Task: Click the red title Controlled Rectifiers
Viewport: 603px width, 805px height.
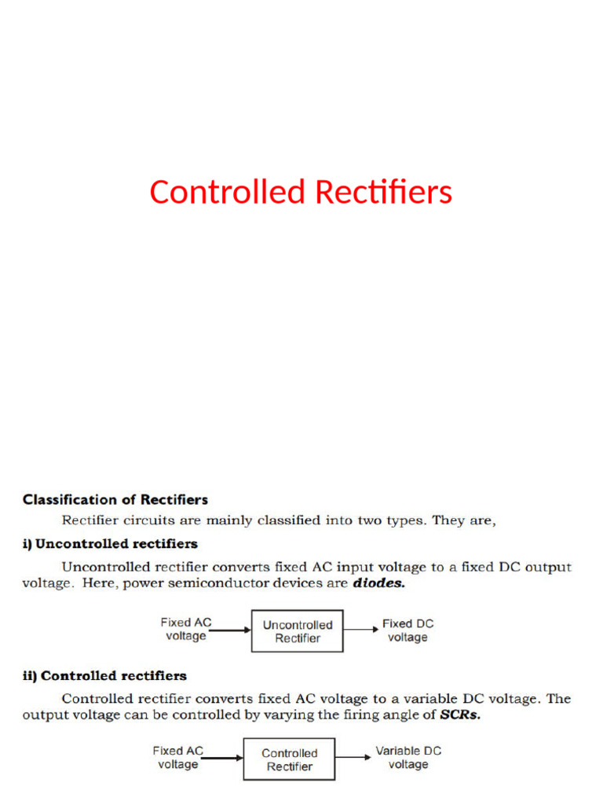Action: (x=301, y=193)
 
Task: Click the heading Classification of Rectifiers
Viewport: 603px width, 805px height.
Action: (x=115, y=499)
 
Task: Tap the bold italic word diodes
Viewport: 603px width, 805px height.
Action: (x=379, y=584)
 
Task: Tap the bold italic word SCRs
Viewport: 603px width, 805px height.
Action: (x=459, y=715)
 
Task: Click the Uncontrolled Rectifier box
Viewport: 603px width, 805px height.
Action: (x=297, y=631)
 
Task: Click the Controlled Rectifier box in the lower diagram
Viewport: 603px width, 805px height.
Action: (x=289, y=759)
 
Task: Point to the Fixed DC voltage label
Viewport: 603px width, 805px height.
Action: (x=407, y=630)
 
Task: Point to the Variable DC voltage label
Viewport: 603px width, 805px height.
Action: (x=408, y=757)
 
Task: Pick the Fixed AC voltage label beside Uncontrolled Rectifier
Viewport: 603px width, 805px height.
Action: (x=186, y=629)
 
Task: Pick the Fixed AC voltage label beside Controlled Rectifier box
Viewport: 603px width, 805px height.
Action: (x=178, y=757)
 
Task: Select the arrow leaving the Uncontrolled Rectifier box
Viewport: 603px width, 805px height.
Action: (x=361, y=630)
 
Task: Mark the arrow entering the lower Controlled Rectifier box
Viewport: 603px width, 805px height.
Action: (x=223, y=759)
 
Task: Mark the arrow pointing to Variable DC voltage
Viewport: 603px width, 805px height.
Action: (x=353, y=758)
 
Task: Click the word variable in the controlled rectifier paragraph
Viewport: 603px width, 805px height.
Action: (x=433, y=698)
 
